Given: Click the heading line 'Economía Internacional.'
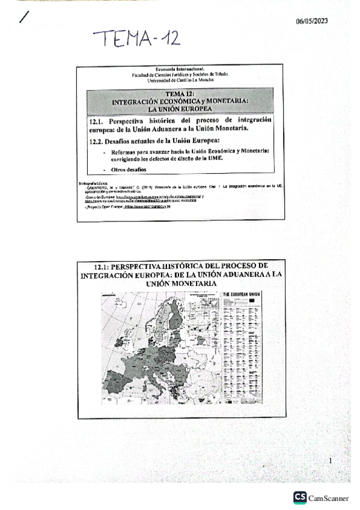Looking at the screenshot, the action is pyautogui.click(x=180, y=70).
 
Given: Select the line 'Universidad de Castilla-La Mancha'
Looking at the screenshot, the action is pyautogui.click(x=180, y=80).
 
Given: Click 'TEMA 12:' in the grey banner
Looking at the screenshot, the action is pyautogui.click(x=180, y=93).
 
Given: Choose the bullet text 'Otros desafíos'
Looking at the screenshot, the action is pyautogui.click(x=128, y=170).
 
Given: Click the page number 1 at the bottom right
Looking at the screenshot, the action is pyautogui.click(x=331, y=460).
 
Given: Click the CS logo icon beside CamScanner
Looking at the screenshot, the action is pyautogui.click(x=300, y=497).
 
